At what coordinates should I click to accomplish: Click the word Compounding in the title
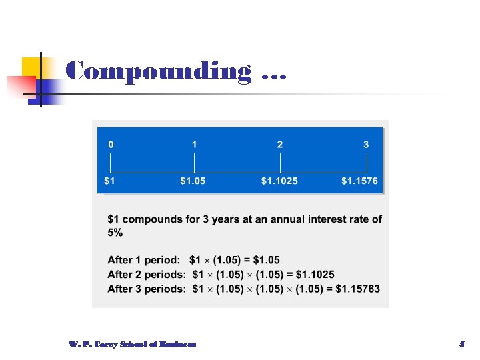pos(159,71)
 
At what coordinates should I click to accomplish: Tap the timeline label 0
pos(111,144)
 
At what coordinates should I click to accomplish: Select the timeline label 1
pos(194,144)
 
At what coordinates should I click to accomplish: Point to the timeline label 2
pos(280,144)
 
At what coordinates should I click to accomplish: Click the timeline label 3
pos(366,144)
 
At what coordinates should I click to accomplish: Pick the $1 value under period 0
pos(110,181)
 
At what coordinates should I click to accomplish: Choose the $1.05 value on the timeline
pos(193,181)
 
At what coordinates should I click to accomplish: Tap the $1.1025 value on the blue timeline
pos(280,181)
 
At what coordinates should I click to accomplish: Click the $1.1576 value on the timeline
pos(360,181)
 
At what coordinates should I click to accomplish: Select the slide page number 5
pos(461,344)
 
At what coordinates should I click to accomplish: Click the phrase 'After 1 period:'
pos(143,259)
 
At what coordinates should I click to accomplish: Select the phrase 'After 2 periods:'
pos(146,274)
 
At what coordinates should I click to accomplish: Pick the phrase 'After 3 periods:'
pos(146,289)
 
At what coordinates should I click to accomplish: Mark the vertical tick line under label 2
pos(280,163)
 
